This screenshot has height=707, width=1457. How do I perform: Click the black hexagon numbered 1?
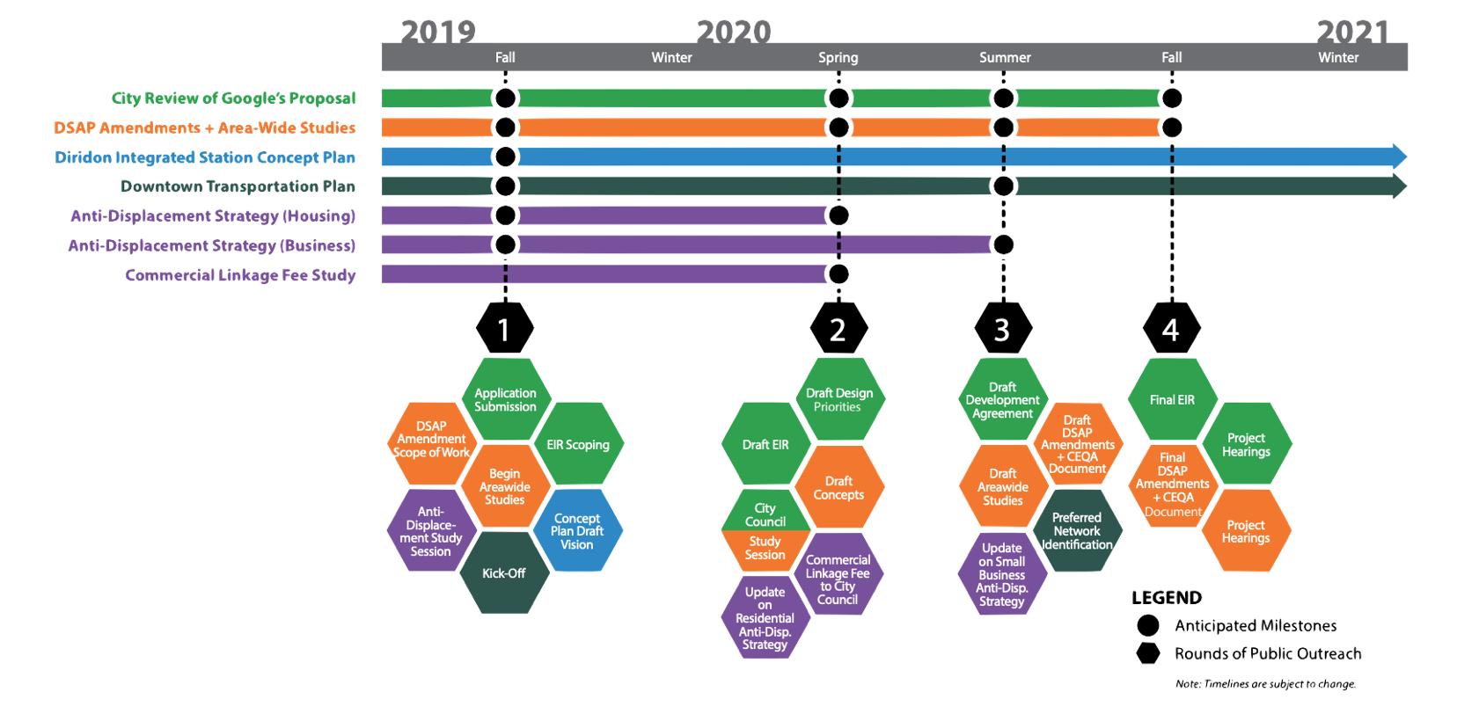[504, 329]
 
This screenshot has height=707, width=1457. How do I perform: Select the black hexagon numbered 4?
[1171, 329]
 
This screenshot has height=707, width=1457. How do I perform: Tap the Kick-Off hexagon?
[504, 573]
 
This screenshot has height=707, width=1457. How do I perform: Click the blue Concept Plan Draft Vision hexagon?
[577, 531]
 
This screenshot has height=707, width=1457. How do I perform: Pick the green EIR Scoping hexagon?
[578, 445]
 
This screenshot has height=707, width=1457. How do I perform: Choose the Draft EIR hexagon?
[765, 445]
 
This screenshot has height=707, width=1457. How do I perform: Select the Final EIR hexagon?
[1172, 400]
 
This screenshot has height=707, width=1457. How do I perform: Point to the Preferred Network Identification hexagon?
[1077, 531]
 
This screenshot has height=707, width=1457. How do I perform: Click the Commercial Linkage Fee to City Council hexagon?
[838, 579]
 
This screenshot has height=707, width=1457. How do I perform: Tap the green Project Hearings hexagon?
[1246, 444]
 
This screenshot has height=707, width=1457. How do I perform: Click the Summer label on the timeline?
[1005, 58]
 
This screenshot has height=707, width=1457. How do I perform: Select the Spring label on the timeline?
[838, 58]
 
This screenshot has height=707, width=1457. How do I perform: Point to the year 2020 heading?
[734, 33]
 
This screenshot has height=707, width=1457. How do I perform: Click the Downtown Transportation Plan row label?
[238, 186]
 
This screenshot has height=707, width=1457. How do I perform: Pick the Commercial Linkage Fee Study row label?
[240, 275]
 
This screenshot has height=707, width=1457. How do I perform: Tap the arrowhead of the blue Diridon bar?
[1399, 157]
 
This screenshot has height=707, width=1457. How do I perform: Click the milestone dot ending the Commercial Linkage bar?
[838, 274]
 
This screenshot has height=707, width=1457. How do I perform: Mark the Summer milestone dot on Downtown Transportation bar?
[1003, 186]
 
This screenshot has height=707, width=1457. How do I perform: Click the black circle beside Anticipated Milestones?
[1147, 625]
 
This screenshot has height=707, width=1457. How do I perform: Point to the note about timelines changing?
[1265, 684]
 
